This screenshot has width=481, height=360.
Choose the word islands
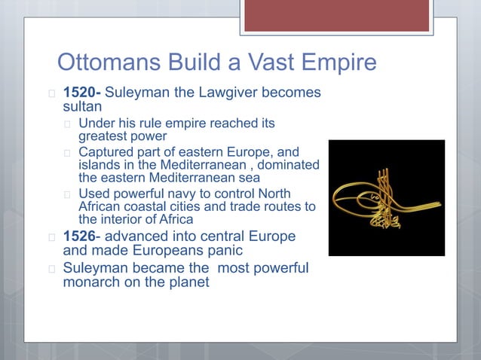(x=100, y=164)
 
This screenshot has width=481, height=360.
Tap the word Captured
(x=106, y=151)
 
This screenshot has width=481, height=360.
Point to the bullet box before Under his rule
(x=68, y=124)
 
